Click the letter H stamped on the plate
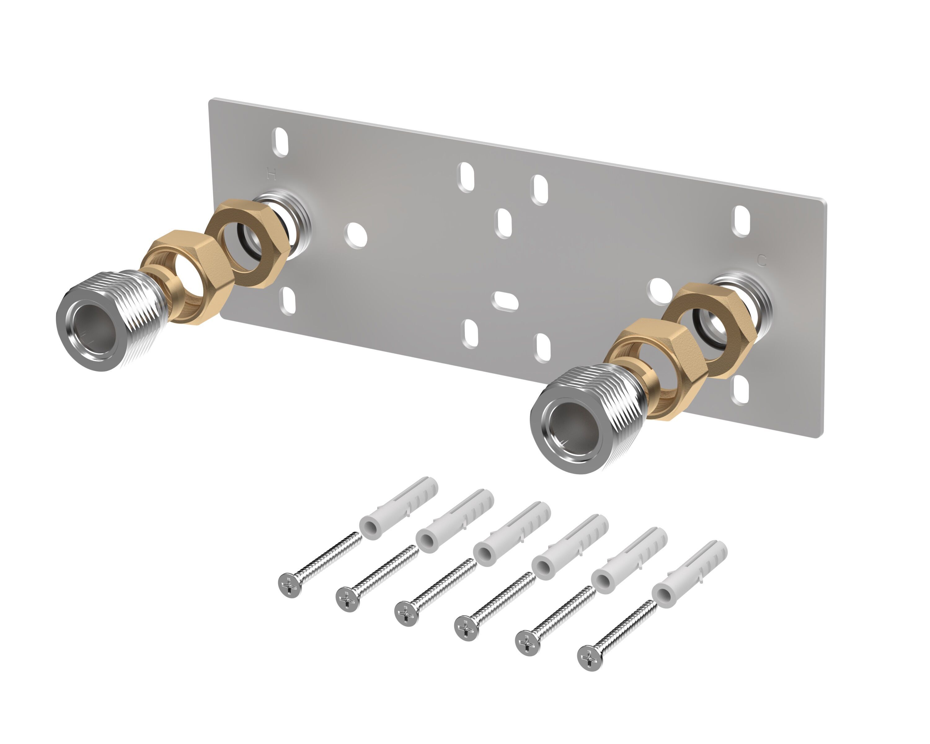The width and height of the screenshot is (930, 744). coord(271,174)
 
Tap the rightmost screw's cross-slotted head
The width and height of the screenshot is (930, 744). coord(589,658)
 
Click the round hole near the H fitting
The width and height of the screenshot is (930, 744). coord(356,235)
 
